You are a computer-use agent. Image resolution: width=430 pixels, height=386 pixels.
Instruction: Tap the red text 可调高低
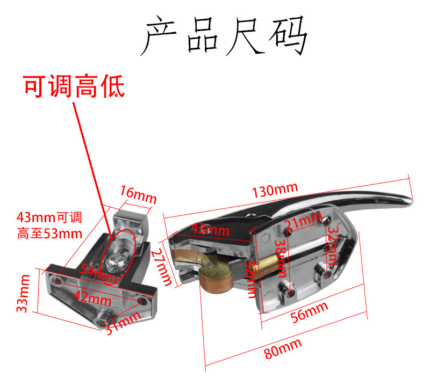pos(74,86)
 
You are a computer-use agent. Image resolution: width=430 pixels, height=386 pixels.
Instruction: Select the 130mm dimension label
pos(274,190)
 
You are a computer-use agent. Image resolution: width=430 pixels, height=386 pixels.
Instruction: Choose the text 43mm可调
pos(49,218)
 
